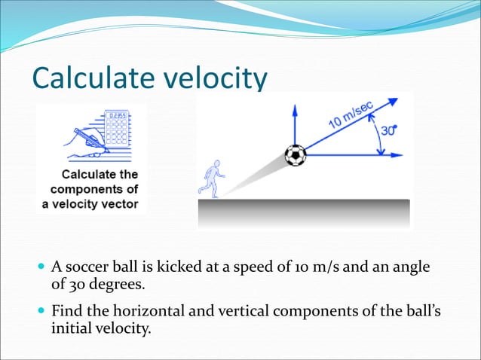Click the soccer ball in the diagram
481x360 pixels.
click(x=296, y=156)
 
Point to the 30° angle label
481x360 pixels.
click(x=388, y=130)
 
